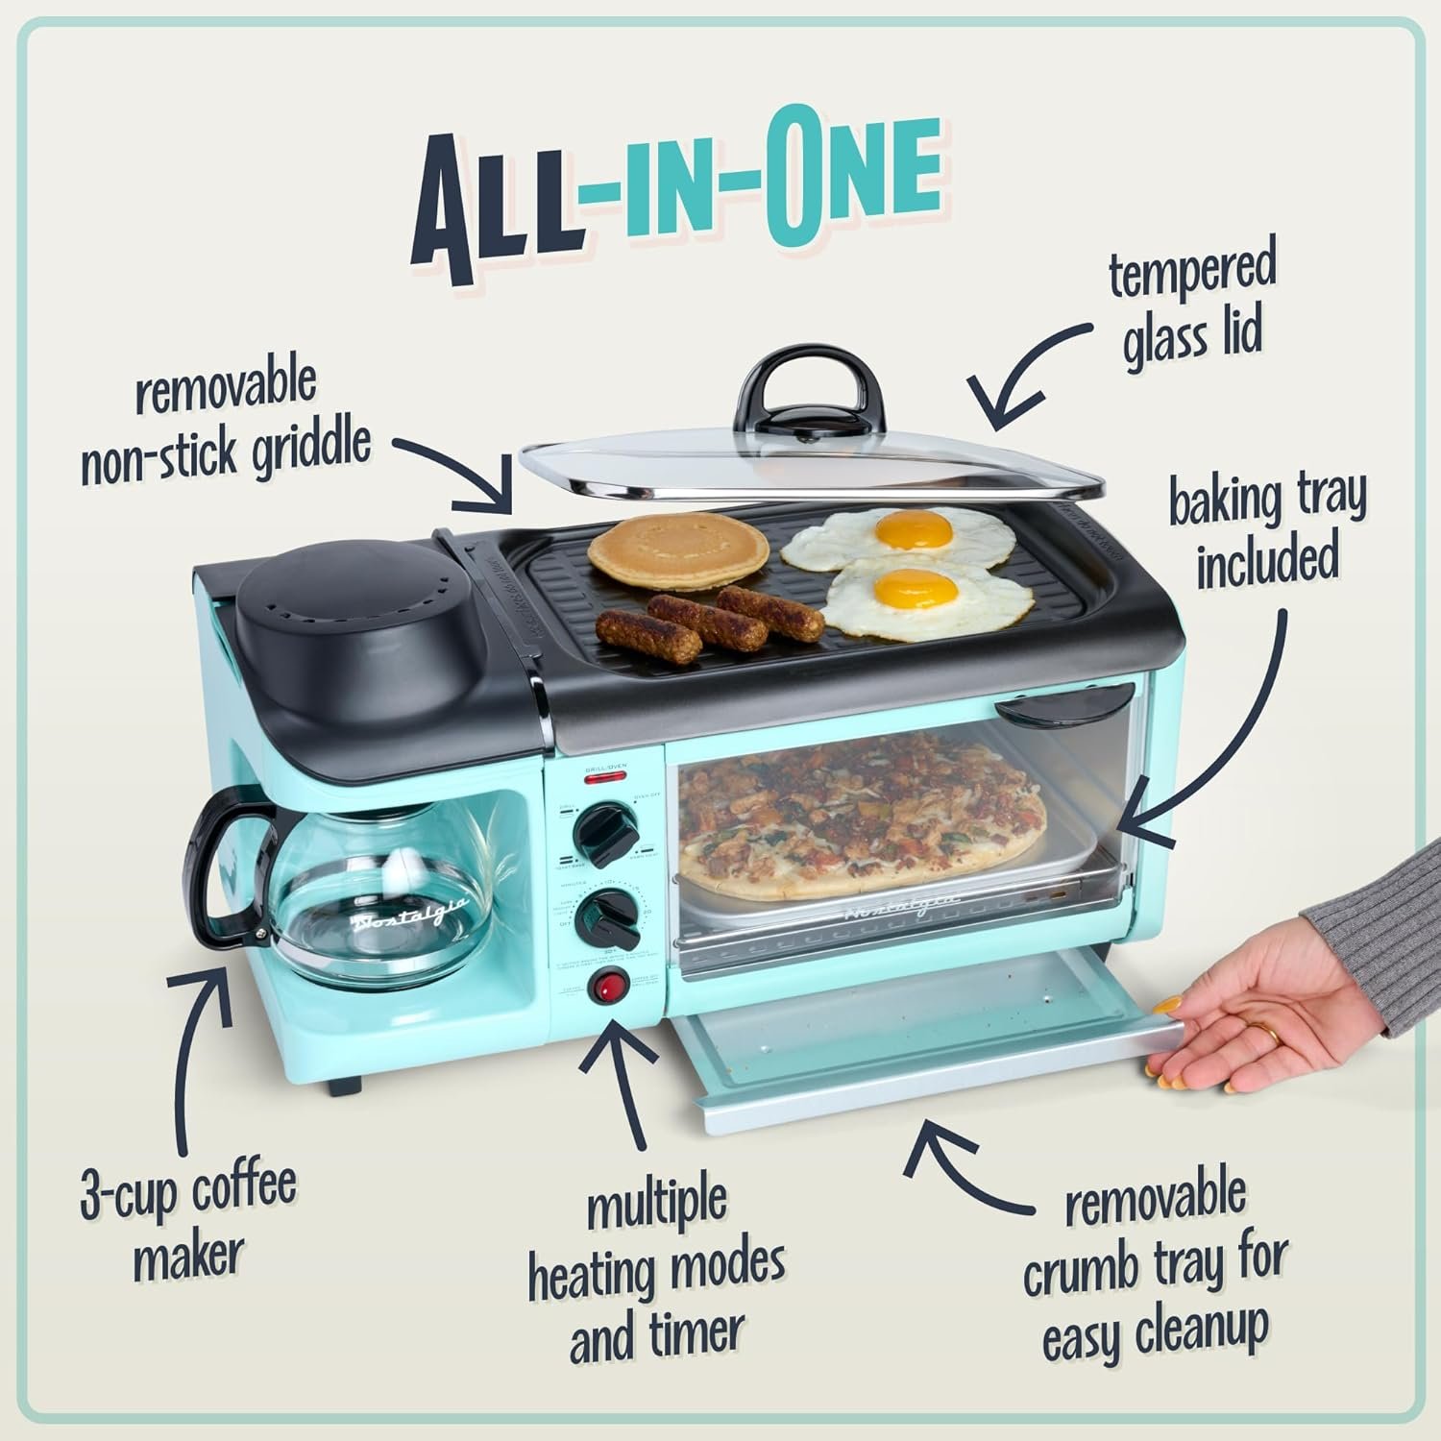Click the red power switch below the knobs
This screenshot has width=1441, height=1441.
tap(608, 987)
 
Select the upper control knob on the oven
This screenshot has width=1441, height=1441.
tap(602, 831)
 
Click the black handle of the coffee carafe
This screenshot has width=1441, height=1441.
tap(219, 869)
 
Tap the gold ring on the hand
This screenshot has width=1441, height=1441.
tap(1270, 1035)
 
